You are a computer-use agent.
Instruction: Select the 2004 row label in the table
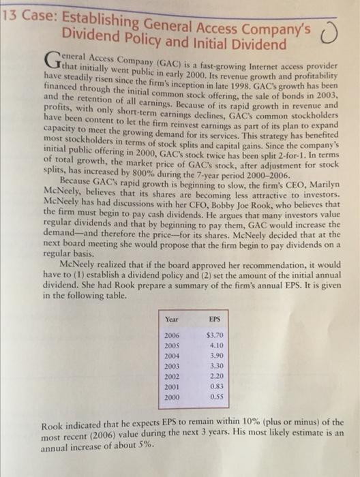tap(174, 356)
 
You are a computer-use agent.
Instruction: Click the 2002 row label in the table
tap(174, 375)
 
